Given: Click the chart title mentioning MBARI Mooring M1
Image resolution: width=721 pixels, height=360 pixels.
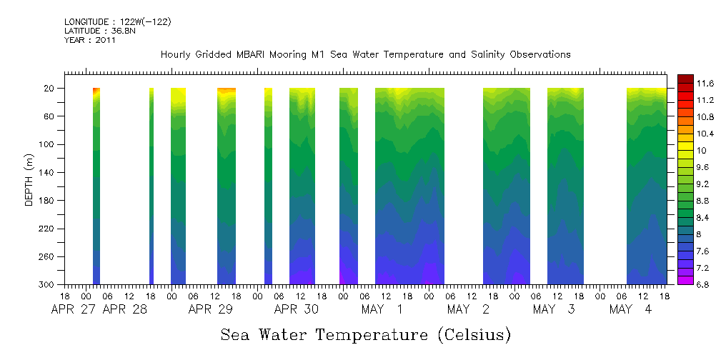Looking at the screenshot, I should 365,55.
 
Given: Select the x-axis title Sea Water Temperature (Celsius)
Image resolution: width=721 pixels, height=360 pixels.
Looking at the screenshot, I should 365,334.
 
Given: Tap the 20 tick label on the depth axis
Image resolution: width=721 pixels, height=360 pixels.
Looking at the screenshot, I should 49,89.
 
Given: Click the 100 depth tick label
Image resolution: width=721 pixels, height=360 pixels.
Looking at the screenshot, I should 46,144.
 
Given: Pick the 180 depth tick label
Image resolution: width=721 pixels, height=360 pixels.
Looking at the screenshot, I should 46,201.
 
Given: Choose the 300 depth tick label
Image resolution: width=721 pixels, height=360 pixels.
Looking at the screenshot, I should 46,285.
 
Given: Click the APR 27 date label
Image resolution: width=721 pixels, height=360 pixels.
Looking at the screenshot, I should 74,310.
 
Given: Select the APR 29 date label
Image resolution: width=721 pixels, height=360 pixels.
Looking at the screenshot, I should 211,310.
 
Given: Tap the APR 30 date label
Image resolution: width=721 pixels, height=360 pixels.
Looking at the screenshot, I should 297,310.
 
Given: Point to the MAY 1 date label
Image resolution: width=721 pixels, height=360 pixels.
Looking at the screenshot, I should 382,310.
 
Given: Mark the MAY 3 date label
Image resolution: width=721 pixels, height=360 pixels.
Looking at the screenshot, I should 554,310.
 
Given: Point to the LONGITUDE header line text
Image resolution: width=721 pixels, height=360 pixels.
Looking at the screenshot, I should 118,22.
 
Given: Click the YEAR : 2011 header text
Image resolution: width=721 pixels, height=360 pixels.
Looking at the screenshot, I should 90,41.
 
